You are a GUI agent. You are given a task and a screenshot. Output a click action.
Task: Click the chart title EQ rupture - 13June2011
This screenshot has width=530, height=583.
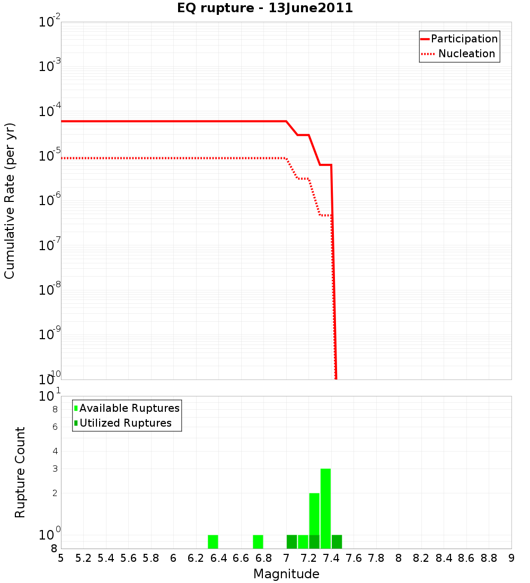coord(265,8)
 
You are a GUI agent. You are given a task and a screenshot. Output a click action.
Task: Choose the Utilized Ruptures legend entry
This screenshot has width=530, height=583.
coord(125,423)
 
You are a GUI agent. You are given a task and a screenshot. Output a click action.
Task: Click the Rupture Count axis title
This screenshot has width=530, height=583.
coord(20,472)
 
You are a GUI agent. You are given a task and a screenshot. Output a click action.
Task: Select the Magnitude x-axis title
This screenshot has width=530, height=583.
coord(286,574)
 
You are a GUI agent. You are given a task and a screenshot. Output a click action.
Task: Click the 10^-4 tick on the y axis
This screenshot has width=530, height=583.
coord(50,111)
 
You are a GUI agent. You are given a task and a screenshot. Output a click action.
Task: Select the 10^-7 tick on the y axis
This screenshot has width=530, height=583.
coord(50,245)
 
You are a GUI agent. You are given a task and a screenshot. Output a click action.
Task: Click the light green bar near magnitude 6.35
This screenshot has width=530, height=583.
coord(213,542)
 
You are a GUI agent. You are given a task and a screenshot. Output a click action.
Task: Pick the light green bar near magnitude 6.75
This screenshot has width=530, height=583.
coord(258,542)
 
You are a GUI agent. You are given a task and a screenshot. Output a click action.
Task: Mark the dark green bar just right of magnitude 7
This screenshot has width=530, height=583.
coord(291,542)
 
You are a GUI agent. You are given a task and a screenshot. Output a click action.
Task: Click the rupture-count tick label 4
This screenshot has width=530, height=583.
coord(55,451)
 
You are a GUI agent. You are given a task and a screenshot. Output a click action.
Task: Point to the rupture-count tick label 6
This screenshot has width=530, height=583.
coord(55,427)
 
